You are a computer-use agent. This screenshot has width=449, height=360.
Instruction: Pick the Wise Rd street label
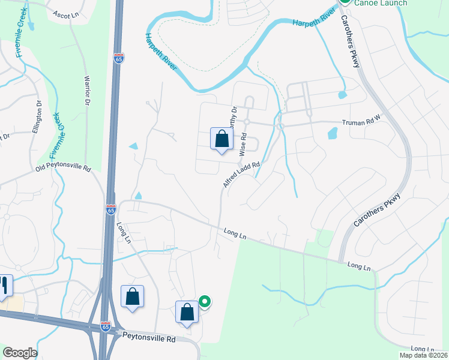tap(244, 145)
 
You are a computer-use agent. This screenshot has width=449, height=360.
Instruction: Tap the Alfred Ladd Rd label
tap(242, 175)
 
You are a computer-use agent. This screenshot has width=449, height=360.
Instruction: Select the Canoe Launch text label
tap(381, 3)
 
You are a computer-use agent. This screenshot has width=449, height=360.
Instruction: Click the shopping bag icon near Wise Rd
tap(221, 139)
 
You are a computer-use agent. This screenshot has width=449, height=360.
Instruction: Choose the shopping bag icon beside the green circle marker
tap(187, 311)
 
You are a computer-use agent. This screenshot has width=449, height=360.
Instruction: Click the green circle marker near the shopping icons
tap(205, 302)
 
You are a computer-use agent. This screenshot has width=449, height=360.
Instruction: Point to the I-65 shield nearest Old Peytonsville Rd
tap(111, 209)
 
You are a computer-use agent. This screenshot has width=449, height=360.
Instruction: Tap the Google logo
tap(20, 353)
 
